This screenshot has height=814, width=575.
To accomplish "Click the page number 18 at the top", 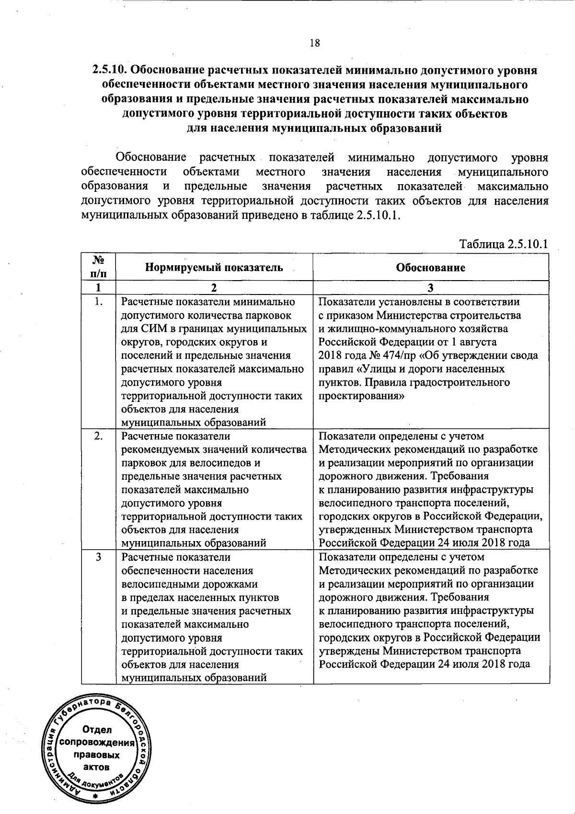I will click(314, 43).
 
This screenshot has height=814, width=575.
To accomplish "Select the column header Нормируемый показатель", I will click(214, 267).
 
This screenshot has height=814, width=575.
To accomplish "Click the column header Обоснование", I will click(430, 267).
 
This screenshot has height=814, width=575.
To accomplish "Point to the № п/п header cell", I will click(98, 267).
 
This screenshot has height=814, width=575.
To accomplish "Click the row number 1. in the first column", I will click(98, 302).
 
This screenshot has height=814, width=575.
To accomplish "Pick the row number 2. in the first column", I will click(98, 436).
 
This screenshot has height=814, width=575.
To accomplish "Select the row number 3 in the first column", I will click(98, 557).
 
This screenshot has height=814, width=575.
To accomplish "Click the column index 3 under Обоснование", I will click(430, 288).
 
